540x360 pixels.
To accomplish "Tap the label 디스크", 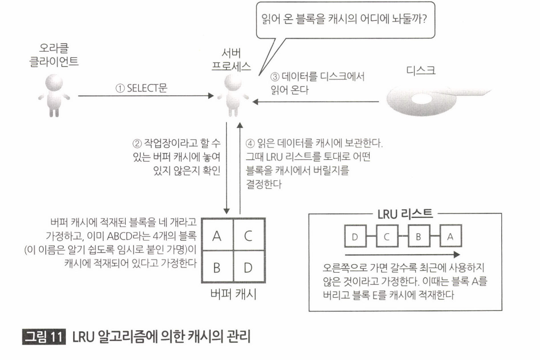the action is pyautogui.click(x=420, y=71).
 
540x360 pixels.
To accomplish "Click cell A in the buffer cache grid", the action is pyautogui.click(x=217, y=236).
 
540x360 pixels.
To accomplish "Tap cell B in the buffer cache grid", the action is pyautogui.click(x=217, y=268).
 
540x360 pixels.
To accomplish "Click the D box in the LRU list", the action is pyautogui.click(x=355, y=237).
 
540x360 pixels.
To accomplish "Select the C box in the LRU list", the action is pyautogui.click(x=386, y=237).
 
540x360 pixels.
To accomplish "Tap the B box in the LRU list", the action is pyautogui.click(x=418, y=237).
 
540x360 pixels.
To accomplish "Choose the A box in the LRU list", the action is pyautogui.click(x=450, y=237).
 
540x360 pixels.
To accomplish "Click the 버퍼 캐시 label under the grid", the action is pyautogui.click(x=232, y=294).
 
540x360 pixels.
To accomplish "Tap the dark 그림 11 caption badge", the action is pyautogui.click(x=44, y=337).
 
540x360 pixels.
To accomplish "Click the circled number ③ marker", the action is pyautogui.click(x=275, y=77).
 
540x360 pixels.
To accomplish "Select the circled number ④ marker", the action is pyautogui.click(x=250, y=144).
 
